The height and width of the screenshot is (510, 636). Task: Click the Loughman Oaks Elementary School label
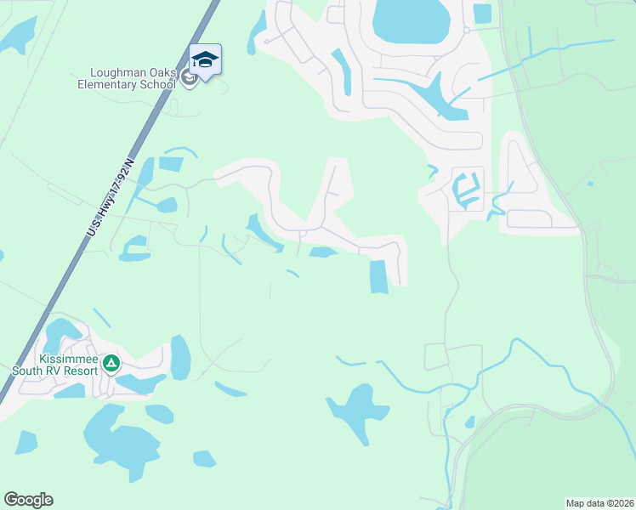coord(127,78)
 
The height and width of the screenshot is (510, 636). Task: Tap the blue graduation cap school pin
coord(205,59)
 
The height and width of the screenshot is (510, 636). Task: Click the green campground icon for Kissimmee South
coord(111,364)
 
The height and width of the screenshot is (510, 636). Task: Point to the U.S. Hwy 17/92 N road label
coord(111,198)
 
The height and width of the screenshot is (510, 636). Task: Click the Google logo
coord(28,500)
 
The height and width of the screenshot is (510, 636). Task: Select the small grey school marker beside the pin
coord(188,78)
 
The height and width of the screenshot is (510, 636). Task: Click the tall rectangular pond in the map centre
coord(378,276)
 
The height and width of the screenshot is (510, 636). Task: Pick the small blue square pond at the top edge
coord(482,14)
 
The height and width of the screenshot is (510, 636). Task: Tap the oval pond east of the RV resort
coord(180,357)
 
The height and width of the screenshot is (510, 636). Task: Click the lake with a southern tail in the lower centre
coord(356,408)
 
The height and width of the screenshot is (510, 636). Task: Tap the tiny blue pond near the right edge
coord(589,183)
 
